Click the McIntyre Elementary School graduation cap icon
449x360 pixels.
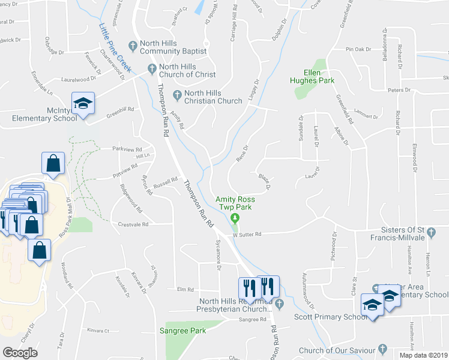83,103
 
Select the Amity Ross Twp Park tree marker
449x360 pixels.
236,218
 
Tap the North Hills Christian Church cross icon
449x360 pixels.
177,94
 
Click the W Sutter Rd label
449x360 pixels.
247,235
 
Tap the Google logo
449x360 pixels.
20,352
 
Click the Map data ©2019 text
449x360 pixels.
423,355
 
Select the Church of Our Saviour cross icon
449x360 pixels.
382,349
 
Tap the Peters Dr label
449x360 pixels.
398,90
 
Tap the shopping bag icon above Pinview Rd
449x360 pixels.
53,163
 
